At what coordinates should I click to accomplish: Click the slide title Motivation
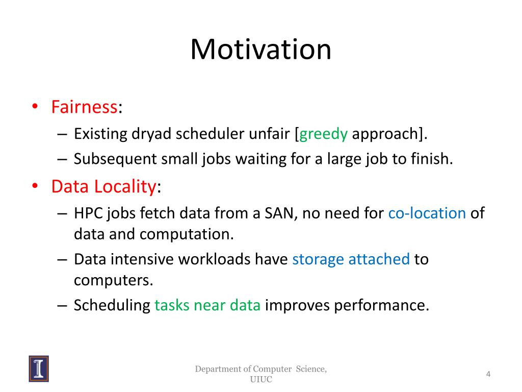pos(260,50)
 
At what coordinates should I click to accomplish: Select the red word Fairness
pos(84,107)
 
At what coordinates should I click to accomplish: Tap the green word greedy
pos(323,134)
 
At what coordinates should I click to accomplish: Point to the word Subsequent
pos(115,159)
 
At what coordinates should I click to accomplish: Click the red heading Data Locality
pos(103,186)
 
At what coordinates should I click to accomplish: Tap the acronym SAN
pos(279,213)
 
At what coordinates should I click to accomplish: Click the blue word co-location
pos(427,213)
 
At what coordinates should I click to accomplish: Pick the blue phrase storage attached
pos(351,259)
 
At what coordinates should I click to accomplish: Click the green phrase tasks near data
pos(207,305)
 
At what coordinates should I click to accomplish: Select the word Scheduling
pos(112,306)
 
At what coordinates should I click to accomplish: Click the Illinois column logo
pos(39,369)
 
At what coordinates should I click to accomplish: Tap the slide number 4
pos(488,374)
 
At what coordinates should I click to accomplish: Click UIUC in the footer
pos(261,379)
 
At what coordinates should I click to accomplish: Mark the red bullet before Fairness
pos(35,106)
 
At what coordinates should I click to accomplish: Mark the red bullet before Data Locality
pos(35,186)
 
